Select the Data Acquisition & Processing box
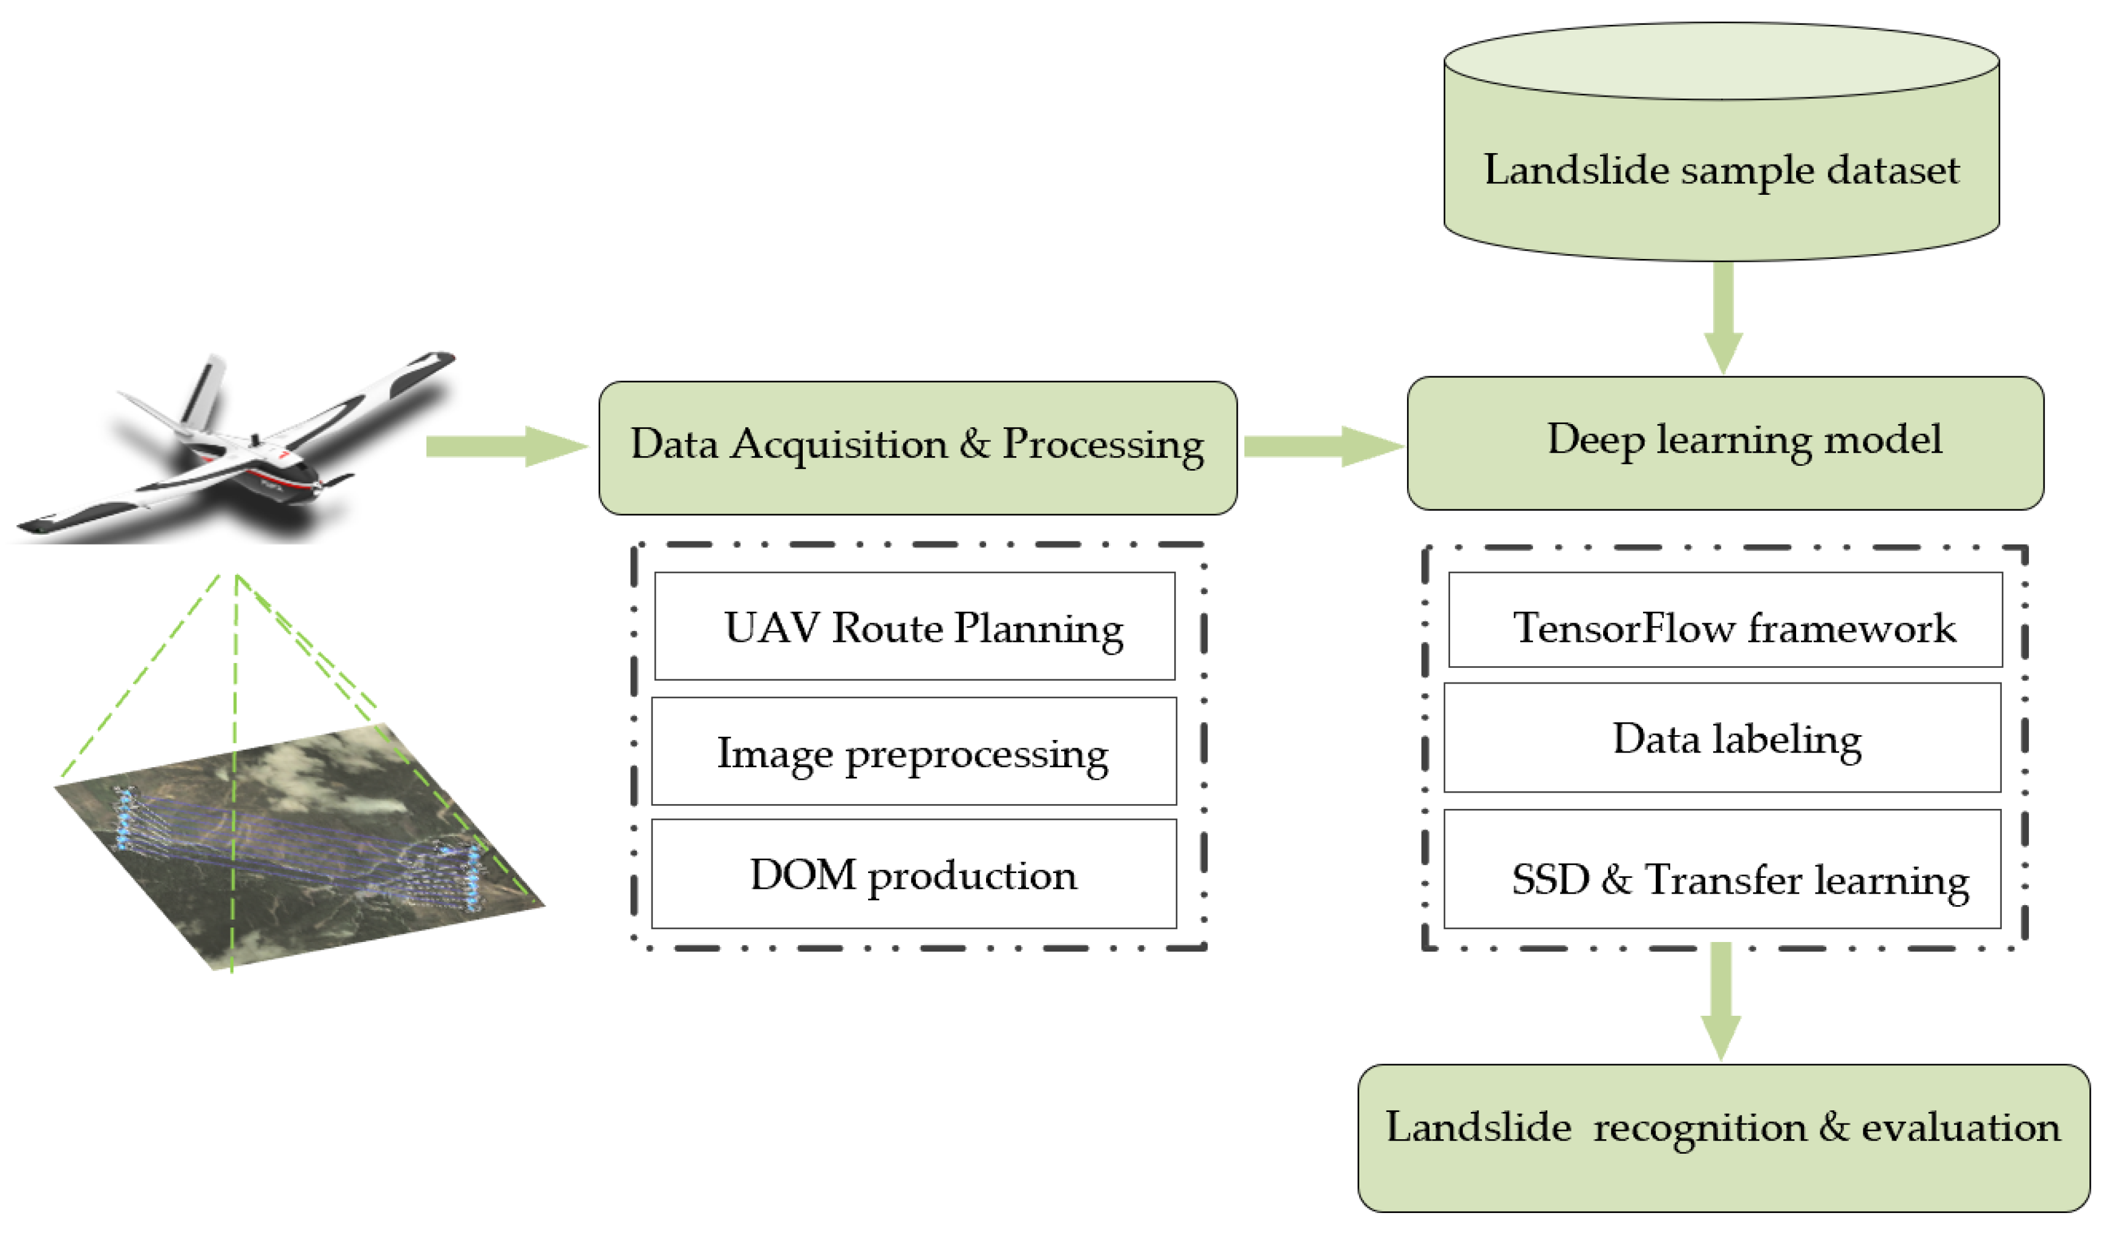pos(918,448)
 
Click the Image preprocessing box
pos(913,751)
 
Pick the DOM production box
pos(913,874)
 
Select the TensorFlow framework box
pos(1725,620)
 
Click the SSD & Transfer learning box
pos(1722,869)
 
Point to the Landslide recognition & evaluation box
pos(1723,1139)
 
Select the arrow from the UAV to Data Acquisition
pos(506,446)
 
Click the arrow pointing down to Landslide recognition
pos(1721,1002)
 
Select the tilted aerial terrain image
pos(301,843)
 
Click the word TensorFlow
pos(1624,628)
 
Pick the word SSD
pos(1550,880)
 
